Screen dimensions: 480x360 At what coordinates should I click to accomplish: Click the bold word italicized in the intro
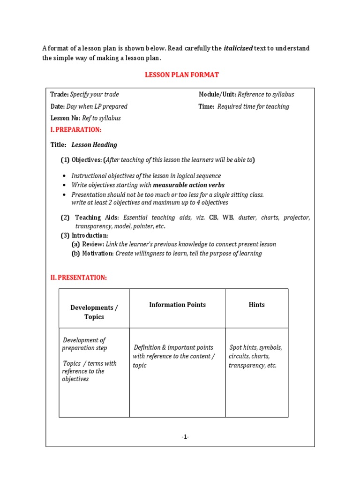238,48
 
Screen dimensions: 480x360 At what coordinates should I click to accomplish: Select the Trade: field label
60,94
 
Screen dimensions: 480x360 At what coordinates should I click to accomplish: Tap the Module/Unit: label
217,94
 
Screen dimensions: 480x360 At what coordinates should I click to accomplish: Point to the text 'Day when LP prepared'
97,106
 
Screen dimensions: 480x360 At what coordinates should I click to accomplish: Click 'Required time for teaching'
253,106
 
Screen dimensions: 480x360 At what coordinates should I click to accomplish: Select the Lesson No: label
65,118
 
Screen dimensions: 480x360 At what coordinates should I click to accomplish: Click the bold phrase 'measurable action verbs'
188,185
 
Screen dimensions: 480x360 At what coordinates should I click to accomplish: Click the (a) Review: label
88,244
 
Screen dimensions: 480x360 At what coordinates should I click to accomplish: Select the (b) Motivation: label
92,254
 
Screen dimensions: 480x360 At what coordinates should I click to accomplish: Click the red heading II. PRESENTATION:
78,277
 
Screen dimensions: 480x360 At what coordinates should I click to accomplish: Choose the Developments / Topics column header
94,312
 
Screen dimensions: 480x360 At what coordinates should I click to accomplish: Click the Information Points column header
177,305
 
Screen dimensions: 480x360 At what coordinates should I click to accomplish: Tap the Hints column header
256,305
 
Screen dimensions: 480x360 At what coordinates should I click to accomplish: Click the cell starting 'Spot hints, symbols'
255,356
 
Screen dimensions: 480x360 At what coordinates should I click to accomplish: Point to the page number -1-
185,437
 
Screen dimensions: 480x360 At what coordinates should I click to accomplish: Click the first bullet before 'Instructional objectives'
64,176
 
